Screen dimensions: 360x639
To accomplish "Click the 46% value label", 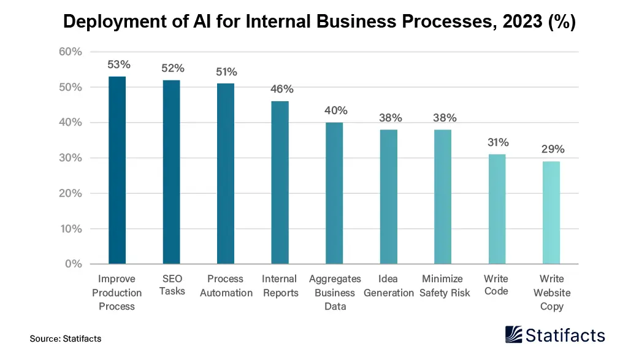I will tap(282, 89).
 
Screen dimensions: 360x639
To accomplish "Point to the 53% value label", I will tap(119, 64).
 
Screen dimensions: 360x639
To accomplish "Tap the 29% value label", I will tap(553, 149).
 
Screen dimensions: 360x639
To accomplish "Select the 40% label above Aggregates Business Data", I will tap(336, 110).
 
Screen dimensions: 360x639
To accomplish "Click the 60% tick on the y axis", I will tap(71, 52).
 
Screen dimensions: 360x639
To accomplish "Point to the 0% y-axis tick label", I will tap(74, 264).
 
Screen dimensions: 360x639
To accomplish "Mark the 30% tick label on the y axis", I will tap(71, 158).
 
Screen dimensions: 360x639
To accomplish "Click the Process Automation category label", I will tap(226, 286).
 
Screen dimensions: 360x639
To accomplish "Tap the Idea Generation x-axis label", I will tap(389, 286).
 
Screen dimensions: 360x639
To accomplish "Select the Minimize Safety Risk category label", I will tap(445, 286).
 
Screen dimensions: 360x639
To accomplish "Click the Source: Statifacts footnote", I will tap(66, 339).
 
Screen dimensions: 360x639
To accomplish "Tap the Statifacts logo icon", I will tap(514, 334).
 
